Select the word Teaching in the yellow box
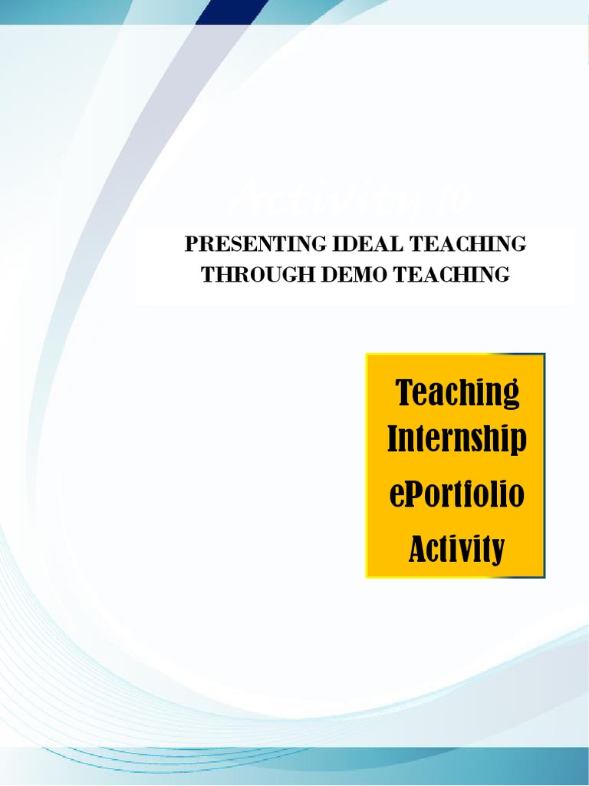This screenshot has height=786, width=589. pos(457,393)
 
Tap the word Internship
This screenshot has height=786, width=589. pos(456,440)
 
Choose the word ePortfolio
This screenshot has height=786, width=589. pos(456,494)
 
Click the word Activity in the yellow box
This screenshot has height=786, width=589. pos(456,549)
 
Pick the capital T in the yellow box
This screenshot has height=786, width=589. pos(405,393)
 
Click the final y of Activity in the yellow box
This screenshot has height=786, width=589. pos(499,551)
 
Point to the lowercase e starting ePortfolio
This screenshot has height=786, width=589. pos(396,496)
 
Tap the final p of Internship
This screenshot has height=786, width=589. pos(518,442)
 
